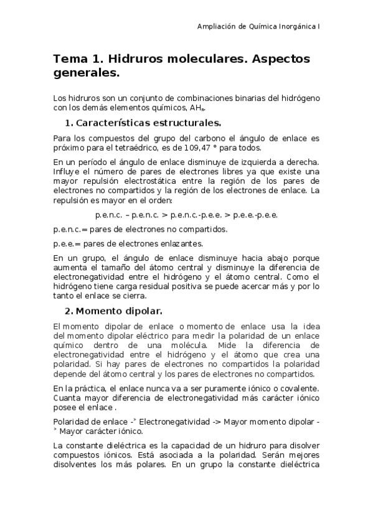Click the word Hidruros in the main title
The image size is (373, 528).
(132, 59)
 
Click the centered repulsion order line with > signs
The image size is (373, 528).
(186, 215)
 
